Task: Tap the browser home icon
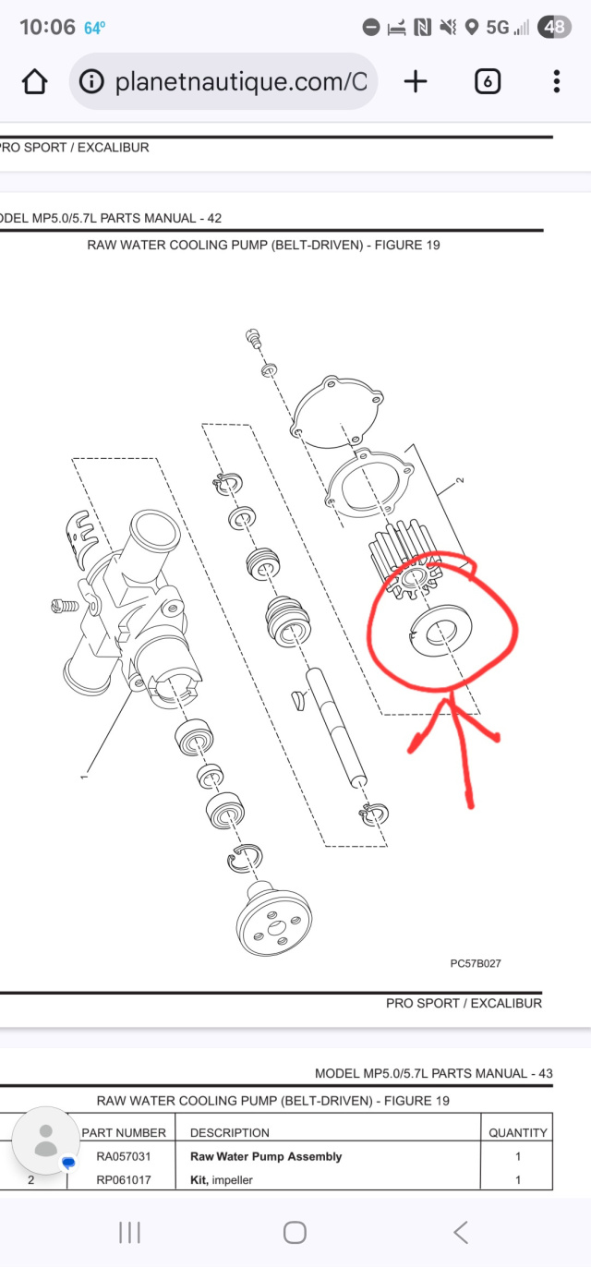pyautogui.click(x=34, y=81)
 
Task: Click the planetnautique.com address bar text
pyautogui.click(x=241, y=82)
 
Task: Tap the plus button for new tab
pyautogui.click(x=416, y=81)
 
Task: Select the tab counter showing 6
pyautogui.click(x=488, y=82)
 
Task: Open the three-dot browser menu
pyautogui.click(x=557, y=81)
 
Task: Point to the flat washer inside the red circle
pyautogui.click(x=441, y=631)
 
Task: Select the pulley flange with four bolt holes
pyautogui.click(x=273, y=919)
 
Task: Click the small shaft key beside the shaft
pyautogui.click(x=299, y=700)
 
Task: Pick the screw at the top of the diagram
pyautogui.click(x=253, y=338)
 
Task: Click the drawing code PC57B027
pyautogui.click(x=476, y=963)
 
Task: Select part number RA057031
pyautogui.click(x=124, y=1156)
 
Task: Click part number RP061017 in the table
pyautogui.click(x=124, y=1180)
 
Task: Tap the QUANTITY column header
pyautogui.click(x=518, y=1132)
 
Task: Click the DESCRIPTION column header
pyautogui.click(x=230, y=1132)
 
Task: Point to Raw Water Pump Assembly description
pyautogui.click(x=266, y=1156)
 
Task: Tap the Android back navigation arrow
pyautogui.click(x=461, y=1232)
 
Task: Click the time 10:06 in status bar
pyautogui.click(x=47, y=27)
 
